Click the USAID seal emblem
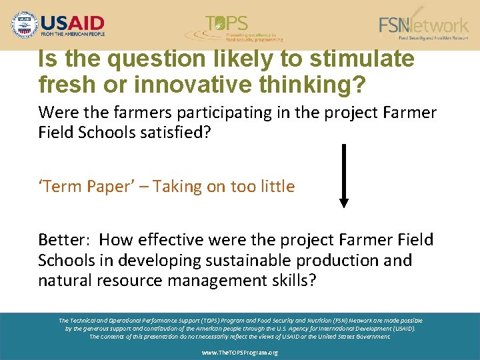(x=25, y=25)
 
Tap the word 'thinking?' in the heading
(x=313, y=85)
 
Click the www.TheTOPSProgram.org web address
(x=240, y=352)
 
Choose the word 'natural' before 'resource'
(x=65, y=280)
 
